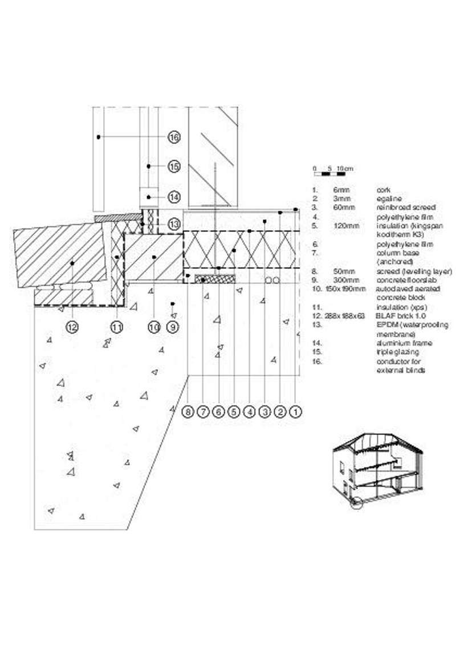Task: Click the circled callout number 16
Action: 174,137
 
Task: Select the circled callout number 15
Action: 174,166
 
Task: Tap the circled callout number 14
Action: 174,197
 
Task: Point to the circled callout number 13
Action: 174,224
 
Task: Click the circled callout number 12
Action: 72,327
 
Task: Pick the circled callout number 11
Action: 117,327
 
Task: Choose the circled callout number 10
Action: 154,327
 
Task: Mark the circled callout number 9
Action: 173,327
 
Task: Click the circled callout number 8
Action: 188,411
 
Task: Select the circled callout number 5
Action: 233,411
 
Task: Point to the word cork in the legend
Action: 383,189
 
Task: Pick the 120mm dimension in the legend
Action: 346,226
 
